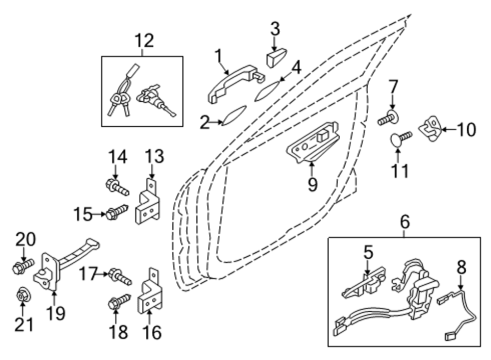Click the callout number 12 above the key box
coord(145,41)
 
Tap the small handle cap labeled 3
coord(277,58)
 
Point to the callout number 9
coord(313,184)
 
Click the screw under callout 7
coord(388,118)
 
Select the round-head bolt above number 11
coord(400,138)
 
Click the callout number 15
coord(83,214)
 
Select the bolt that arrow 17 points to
coord(120,277)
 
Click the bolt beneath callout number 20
coord(22,266)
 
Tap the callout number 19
coord(56,313)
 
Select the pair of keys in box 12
coord(119,100)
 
